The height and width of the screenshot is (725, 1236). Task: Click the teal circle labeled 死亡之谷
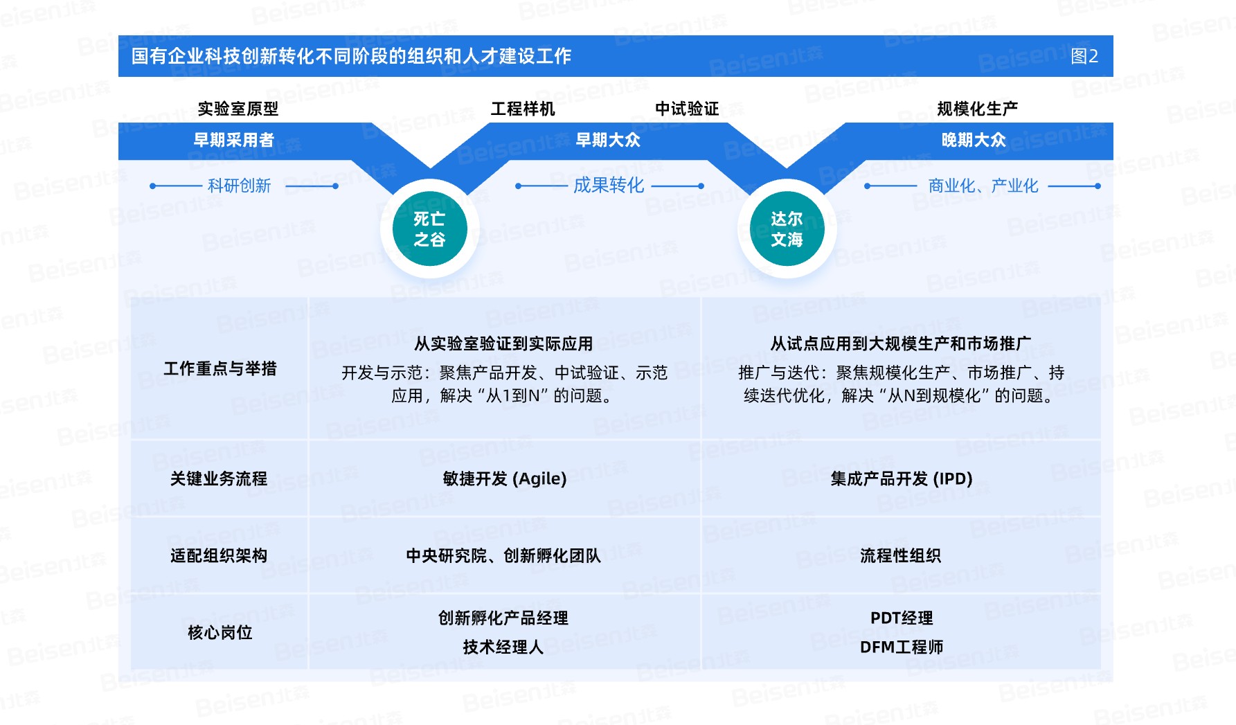pos(429,229)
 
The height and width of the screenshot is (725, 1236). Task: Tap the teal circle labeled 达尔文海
pos(787,229)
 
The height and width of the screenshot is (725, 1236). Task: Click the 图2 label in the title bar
pos(1084,56)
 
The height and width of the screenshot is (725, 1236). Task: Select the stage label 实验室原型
pos(238,109)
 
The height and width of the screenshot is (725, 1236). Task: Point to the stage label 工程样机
pos(523,109)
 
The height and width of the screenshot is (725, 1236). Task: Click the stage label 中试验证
pos(687,109)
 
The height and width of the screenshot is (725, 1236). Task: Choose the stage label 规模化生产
pos(977,109)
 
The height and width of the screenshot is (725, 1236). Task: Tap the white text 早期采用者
pos(234,140)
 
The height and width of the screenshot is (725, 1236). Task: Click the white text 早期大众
pos(608,140)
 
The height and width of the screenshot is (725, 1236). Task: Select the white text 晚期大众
pos(974,140)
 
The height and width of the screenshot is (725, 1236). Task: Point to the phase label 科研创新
pos(239,186)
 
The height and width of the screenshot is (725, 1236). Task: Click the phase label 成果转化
pos(609,185)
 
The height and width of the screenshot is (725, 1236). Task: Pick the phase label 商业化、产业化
pos(983,186)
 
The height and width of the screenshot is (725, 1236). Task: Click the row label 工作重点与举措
pos(220,368)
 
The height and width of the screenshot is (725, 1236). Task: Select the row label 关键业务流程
pos(219,478)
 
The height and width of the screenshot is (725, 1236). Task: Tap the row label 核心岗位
pos(220,632)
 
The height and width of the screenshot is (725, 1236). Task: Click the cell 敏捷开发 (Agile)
pos(505,478)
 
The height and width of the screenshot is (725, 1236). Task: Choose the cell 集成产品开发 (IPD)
pos(902,478)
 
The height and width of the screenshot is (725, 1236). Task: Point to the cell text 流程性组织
pos(900,555)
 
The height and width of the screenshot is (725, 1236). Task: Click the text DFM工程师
pos(902,647)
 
